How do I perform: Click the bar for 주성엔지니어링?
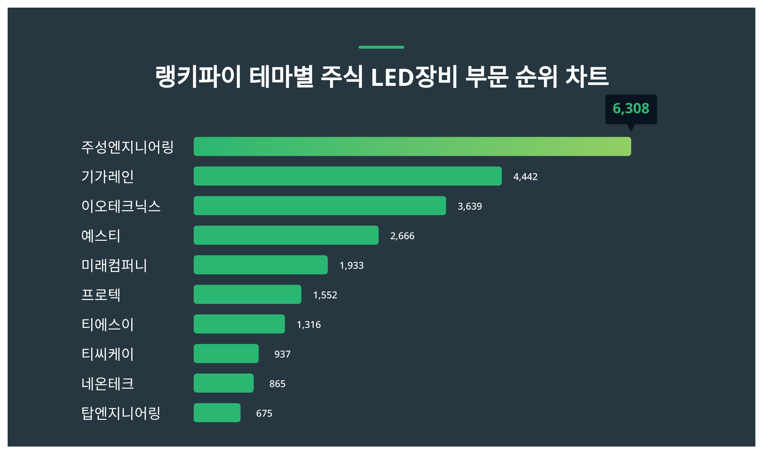tap(412, 147)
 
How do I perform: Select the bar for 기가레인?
tap(347, 176)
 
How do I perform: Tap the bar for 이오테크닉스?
tap(320, 206)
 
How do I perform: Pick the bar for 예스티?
tap(286, 235)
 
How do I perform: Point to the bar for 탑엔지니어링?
tap(217, 413)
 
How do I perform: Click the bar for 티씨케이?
tap(226, 354)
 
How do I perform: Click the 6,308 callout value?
tap(631, 109)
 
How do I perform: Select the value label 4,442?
tap(525, 177)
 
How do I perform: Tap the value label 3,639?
tap(470, 206)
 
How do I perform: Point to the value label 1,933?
tap(351, 266)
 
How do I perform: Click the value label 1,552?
tap(325, 295)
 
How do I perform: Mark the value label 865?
tap(277, 384)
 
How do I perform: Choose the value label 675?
tap(264, 413)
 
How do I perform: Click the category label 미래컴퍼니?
tap(114, 265)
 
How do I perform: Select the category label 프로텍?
tap(101, 295)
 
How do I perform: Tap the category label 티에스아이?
tap(107, 324)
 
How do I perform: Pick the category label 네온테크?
tap(107, 384)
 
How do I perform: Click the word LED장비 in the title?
tap(414, 77)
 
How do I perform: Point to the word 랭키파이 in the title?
tap(198, 77)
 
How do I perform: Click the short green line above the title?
tap(381, 47)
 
